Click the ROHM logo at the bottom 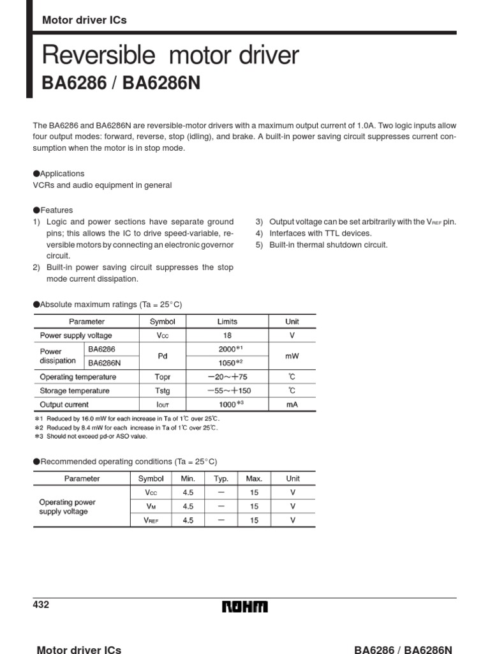[x=245, y=607]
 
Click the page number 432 [x=40, y=605]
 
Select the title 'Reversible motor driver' [x=170, y=56]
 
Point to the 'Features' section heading [x=56, y=210]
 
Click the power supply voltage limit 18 [x=227, y=335]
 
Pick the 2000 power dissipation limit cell [x=227, y=349]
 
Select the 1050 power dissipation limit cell [x=227, y=363]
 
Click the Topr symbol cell [x=162, y=377]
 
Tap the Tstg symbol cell [x=162, y=391]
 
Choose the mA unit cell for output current [x=292, y=404]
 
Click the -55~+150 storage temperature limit [x=227, y=391]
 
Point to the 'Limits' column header [x=227, y=322]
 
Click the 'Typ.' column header [x=221, y=478]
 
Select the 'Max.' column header [x=254, y=478]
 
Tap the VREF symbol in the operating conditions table [x=151, y=521]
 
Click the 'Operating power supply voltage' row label [x=68, y=506]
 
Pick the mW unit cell [x=292, y=356]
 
